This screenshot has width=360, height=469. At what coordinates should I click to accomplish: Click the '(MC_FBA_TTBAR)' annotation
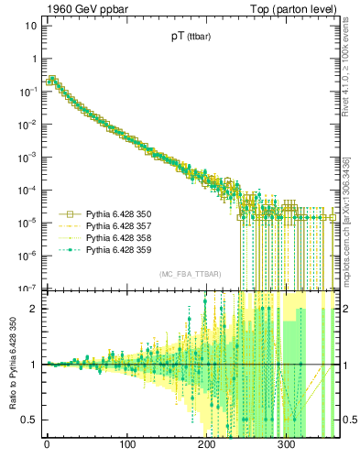pos(188,275)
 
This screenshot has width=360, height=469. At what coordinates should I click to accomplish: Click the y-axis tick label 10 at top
pos(28,26)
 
